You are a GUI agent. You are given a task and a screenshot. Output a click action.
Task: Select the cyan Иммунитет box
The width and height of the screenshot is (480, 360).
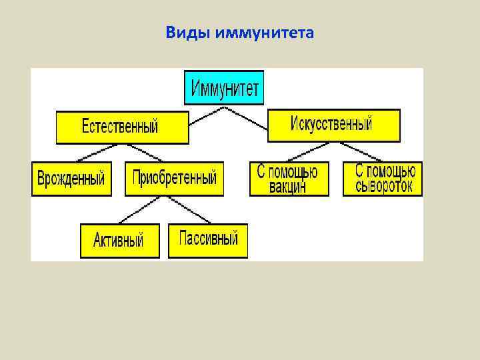[224, 87]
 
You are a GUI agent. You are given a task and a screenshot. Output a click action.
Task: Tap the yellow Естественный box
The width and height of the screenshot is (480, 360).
[122, 127]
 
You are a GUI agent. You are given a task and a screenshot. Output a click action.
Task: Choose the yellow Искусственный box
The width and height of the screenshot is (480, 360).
[333, 125]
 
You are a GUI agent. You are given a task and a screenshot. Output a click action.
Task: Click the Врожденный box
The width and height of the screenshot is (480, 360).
[71, 179]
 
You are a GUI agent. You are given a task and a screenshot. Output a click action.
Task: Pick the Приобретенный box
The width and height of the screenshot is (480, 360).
[174, 179]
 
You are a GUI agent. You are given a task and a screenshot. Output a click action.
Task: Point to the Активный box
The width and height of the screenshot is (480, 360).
[120, 240]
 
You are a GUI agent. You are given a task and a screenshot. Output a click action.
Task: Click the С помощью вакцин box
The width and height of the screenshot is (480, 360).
[289, 179]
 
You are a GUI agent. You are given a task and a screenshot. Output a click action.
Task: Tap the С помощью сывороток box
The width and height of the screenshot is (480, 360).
[383, 179]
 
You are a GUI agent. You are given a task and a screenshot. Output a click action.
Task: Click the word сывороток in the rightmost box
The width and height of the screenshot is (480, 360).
[383, 186]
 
